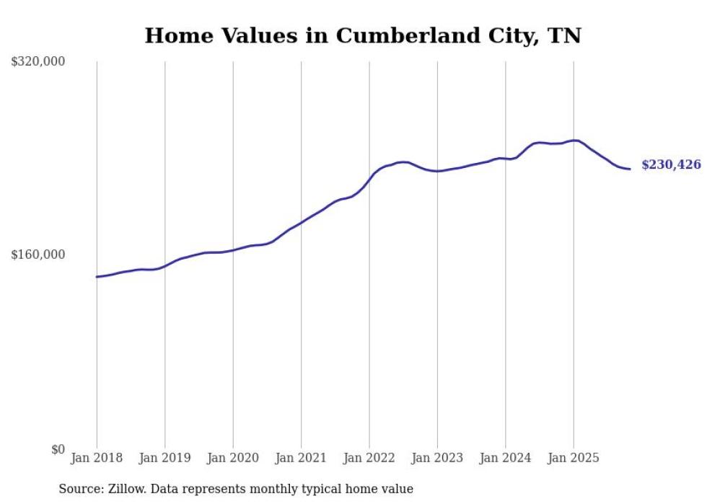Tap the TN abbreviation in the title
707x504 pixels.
[565, 35]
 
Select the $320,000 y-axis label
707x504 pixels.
[38, 62]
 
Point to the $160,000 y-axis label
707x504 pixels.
[38, 255]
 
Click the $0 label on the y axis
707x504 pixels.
[58, 450]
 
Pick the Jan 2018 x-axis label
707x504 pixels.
[97, 459]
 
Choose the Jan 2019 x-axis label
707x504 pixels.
[164, 459]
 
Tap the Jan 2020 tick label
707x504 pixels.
[233, 459]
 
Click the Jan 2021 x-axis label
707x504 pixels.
[301, 459]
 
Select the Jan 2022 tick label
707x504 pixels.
[369, 459]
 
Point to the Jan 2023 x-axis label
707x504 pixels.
[437, 459]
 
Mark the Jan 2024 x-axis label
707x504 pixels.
[506, 459]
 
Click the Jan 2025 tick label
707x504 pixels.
[574, 459]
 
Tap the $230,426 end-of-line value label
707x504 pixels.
[671, 165]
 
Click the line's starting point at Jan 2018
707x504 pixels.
[97, 277]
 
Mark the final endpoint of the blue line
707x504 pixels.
[631, 169]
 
